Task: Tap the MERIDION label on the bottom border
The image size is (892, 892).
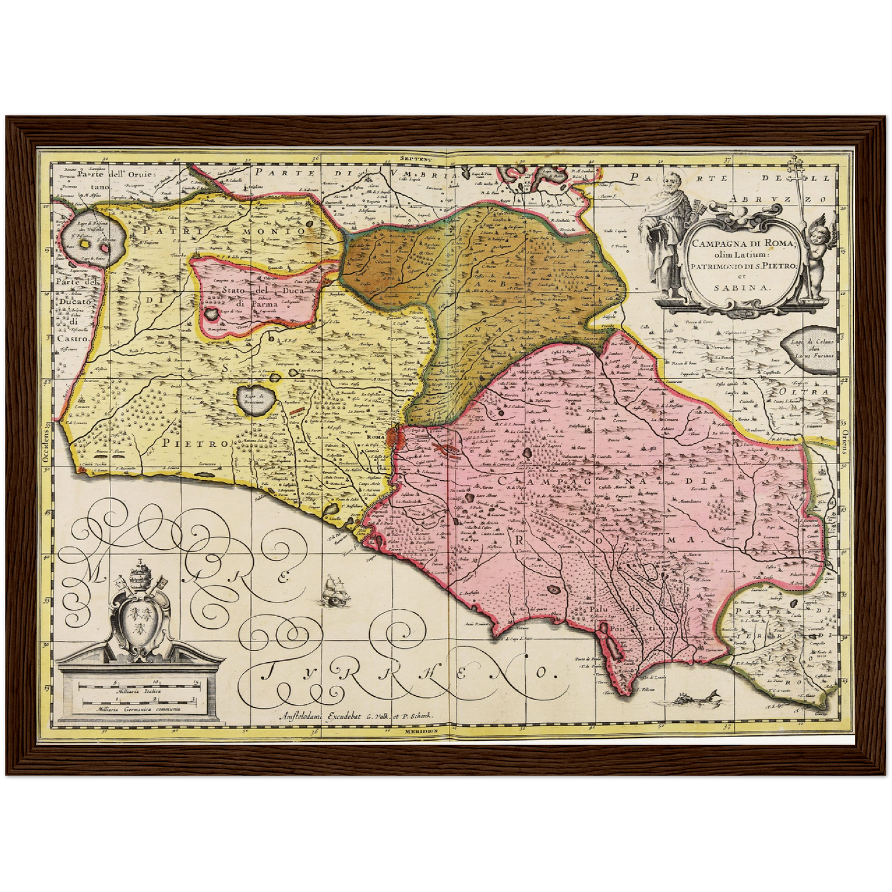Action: tap(421, 730)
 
